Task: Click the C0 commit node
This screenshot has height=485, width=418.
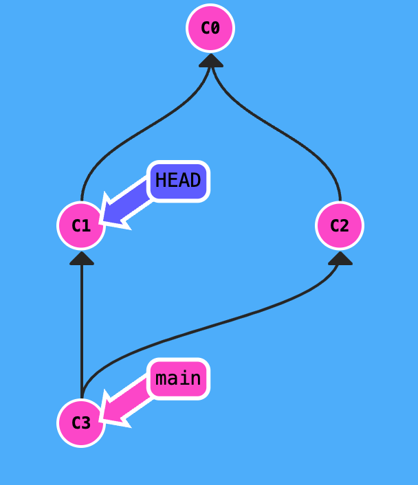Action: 210,28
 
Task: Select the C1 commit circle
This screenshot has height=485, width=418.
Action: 81,225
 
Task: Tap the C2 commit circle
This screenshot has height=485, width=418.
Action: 340,225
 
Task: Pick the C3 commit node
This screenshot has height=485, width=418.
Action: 81,422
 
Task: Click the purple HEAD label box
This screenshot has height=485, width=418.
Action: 178,181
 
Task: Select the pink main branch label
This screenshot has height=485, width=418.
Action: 178,379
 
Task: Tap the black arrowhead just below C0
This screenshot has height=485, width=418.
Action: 211,60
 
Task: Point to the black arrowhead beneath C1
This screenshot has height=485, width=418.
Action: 82,258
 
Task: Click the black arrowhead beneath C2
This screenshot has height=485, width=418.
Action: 340,258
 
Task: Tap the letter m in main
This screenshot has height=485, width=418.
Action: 162,379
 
